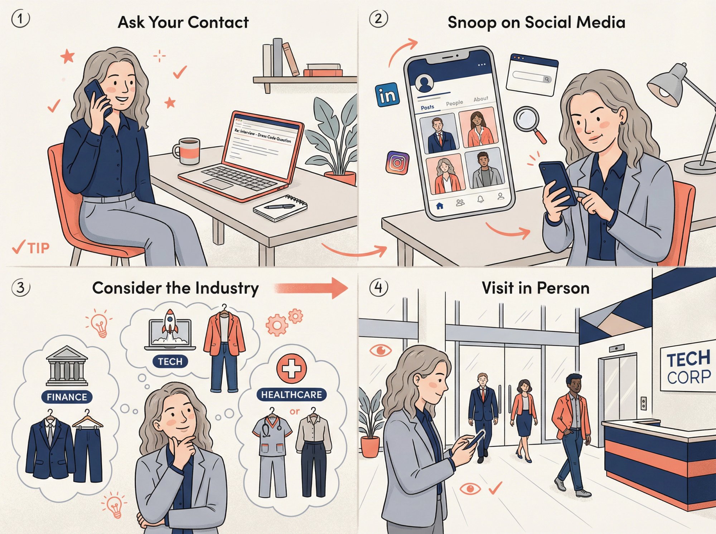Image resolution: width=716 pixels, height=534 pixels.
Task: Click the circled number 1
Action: pos(20,19)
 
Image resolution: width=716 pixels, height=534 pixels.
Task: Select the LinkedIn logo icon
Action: pos(387,95)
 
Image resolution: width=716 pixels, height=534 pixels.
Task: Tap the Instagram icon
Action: pos(397,163)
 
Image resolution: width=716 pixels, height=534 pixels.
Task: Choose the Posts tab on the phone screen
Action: pos(427,107)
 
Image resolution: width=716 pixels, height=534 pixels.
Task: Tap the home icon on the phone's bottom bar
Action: pos(440,206)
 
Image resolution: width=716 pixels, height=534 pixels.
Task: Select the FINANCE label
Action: pos(67,397)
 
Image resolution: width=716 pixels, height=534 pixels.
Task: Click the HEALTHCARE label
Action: pos(291,395)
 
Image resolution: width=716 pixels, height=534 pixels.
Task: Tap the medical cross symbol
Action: pos(291,368)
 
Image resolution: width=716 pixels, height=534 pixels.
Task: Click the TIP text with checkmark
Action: pos(31,248)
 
